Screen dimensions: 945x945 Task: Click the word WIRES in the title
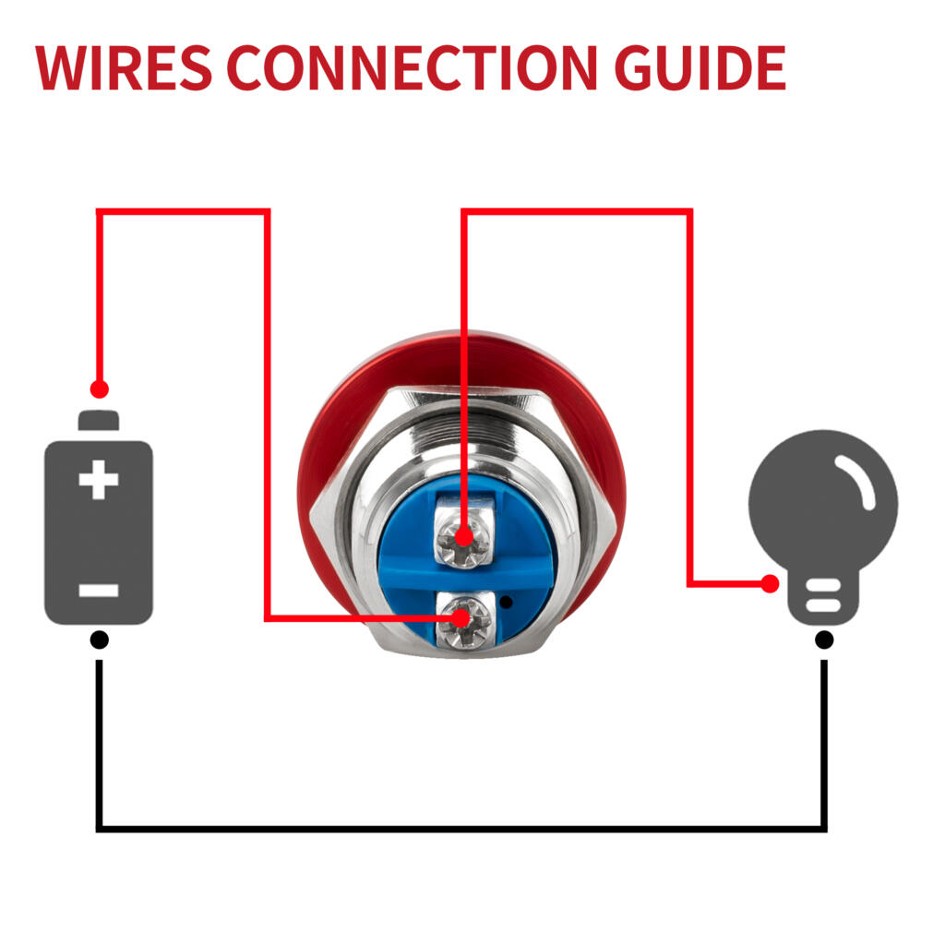[x=124, y=67]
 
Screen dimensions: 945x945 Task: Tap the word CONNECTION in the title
[x=413, y=67]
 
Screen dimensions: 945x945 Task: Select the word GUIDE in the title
[x=700, y=67]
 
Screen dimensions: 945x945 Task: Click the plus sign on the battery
[x=99, y=480]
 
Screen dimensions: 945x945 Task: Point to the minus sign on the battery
[x=99, y=590]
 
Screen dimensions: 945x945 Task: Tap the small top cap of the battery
[x=99, y=420]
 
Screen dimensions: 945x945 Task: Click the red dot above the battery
[x=100, y=389]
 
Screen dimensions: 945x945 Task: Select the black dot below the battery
[x=100, y=640]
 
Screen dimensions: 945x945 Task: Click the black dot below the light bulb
[x=824, y=640]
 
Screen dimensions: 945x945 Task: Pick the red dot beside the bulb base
[x=770, y=583]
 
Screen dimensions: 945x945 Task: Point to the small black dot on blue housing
[x=507, y=602]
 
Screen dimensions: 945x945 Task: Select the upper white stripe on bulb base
[x=823, y=586]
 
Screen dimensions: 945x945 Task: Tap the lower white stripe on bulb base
[x=823, y=605]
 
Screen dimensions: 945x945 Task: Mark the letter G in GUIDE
[x=635, y=67]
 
